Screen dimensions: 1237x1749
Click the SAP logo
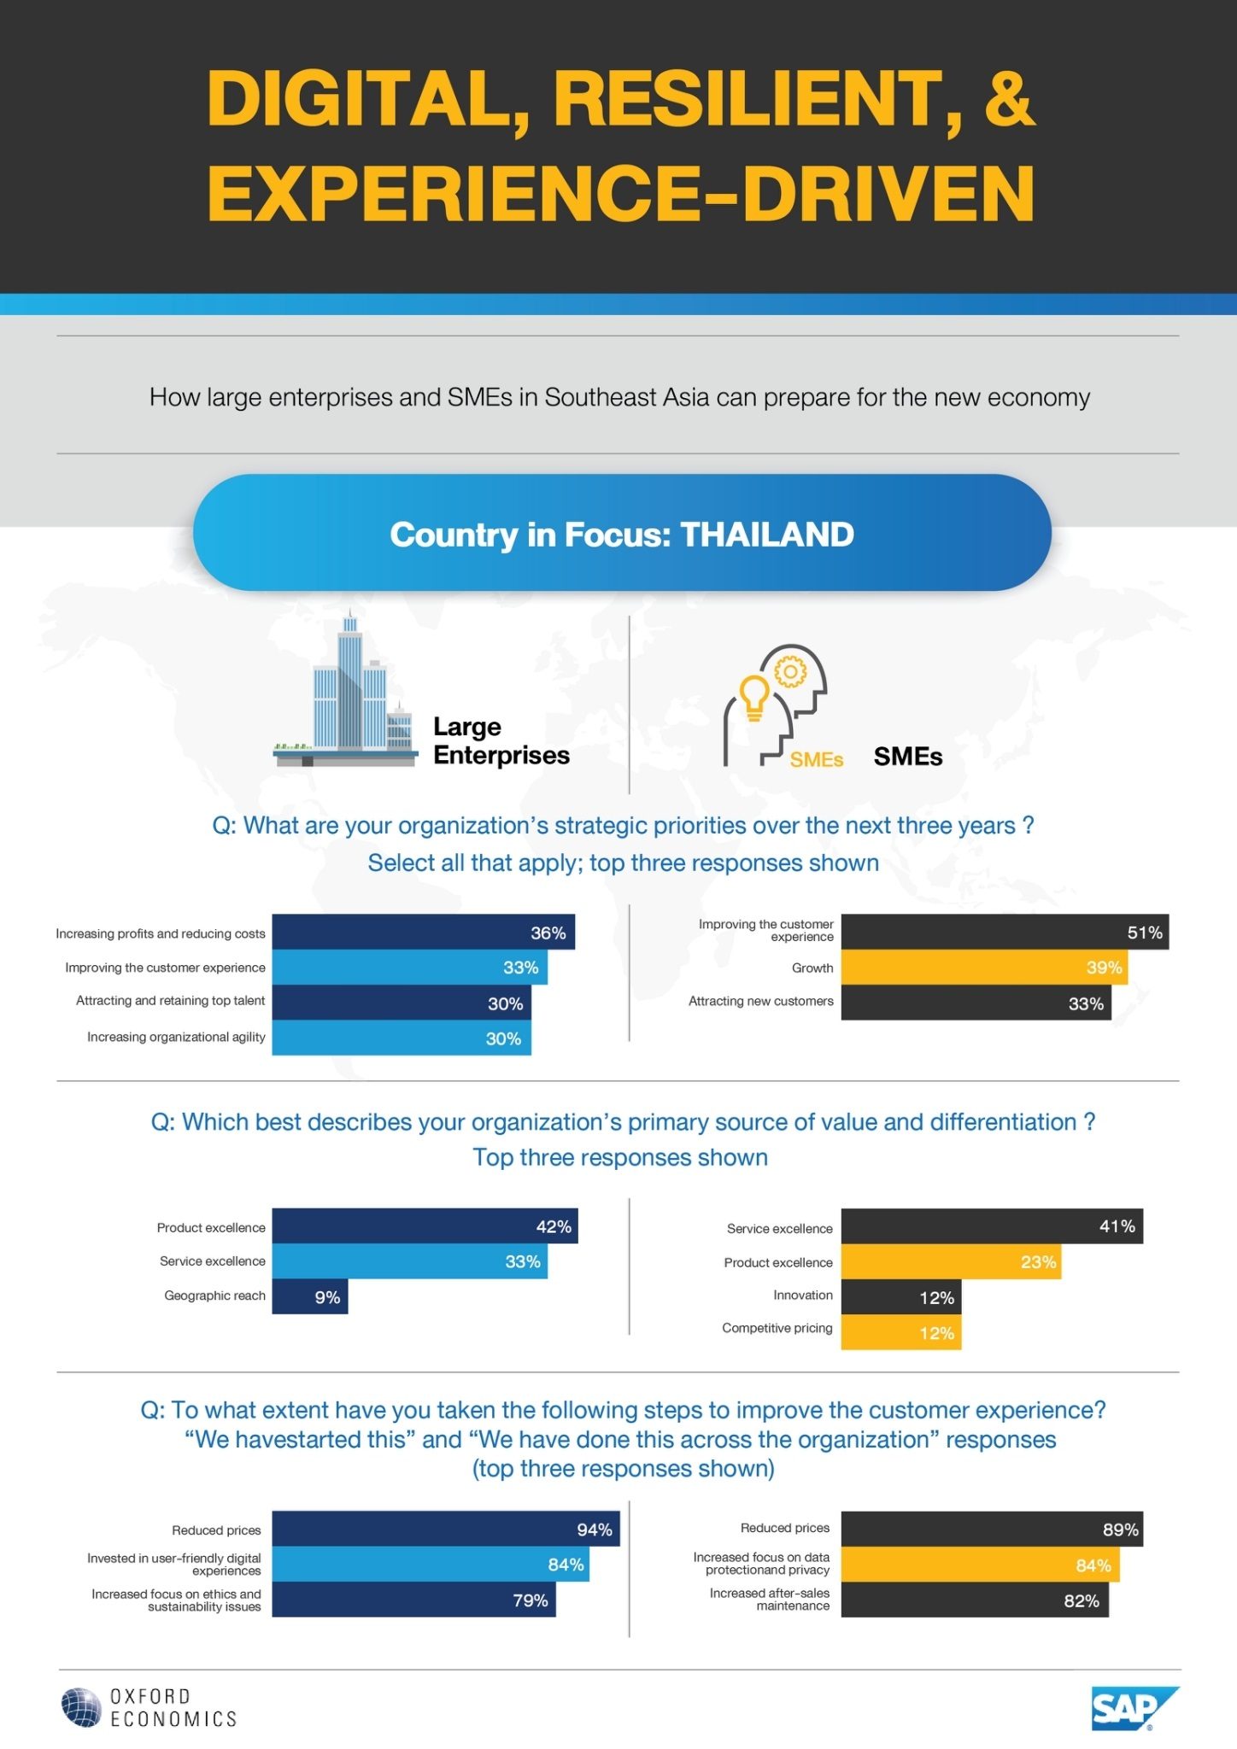[1134, 1708]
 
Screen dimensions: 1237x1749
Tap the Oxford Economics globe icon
[82, 1707]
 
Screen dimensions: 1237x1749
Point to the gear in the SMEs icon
[790, 672]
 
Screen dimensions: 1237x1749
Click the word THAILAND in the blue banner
[767, 535]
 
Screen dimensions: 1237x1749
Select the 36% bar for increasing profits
[424, 932]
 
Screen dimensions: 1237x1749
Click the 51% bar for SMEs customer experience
[1005, 932]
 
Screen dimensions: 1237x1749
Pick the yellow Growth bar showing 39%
[984, 968]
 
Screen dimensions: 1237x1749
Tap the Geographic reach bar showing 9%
[310, 1296]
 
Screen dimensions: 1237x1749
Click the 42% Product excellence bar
[425, 1225]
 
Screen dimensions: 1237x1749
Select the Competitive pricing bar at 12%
[901, 1332]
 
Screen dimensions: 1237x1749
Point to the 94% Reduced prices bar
[446, 1529]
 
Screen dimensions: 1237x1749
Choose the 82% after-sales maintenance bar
[976, 1600]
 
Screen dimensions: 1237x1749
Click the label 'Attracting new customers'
[761, 1001]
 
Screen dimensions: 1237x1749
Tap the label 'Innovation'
[803, 1296]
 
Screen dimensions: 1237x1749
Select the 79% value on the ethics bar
[531, 1600]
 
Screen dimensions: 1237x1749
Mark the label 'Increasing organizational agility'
[176, 1038]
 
